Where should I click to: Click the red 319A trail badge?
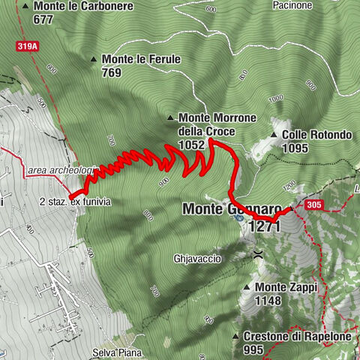[27, 46]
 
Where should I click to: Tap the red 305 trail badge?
[315, 203]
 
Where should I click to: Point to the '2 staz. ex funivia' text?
[75, 202]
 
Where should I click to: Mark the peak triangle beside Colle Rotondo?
[276, 136]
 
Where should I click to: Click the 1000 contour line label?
[275, 98]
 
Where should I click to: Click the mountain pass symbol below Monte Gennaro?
[257, 253]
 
